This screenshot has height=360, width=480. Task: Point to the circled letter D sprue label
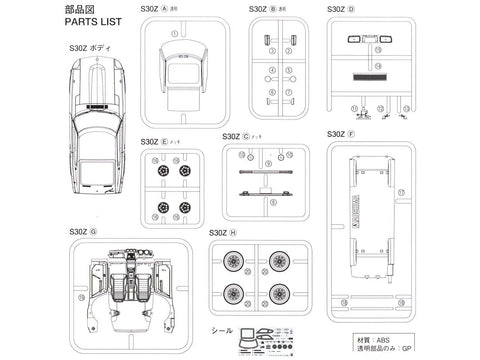[x=350, y=9]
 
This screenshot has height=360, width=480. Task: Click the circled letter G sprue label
[x=93, y=232]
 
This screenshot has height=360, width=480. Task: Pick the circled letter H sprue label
[x=233, y=232]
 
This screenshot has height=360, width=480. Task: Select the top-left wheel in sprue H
[x=234, y=264]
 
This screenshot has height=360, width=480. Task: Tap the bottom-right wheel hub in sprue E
[x=184, y=208]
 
